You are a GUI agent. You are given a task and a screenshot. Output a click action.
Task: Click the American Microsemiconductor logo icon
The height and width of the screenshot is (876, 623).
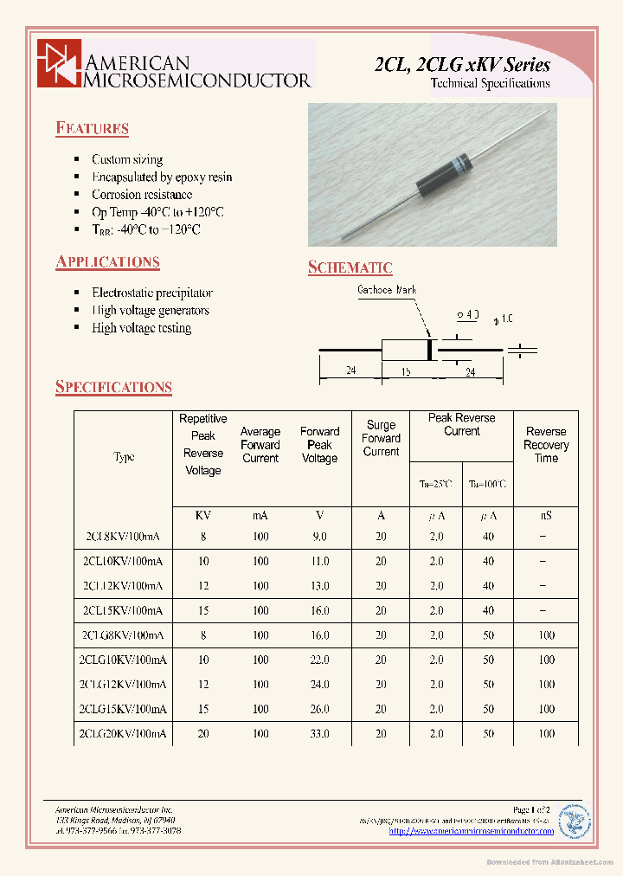tap(58, 63)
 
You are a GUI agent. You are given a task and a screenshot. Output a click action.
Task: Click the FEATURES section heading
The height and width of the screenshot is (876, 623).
tap(92, 129)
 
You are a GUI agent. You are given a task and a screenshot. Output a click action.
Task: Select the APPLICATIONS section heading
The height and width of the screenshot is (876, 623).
tap(107, 262)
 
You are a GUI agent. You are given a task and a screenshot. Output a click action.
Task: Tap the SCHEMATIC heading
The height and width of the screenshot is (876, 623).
tap(350, 268)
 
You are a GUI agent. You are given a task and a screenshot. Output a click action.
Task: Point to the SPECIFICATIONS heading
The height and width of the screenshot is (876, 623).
tap(113, 387)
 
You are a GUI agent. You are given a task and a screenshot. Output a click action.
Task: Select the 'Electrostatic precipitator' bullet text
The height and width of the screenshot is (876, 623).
tap(151, 293)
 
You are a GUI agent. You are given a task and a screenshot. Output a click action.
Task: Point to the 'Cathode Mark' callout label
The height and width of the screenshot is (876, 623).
tap(387, 291)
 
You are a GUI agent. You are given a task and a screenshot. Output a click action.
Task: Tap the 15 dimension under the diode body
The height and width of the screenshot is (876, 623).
tap(406, 371)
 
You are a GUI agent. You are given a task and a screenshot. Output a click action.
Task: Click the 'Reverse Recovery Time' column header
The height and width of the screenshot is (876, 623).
tap(546, 445)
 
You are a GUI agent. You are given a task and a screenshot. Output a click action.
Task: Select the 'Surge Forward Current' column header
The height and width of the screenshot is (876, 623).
tap(381, 439)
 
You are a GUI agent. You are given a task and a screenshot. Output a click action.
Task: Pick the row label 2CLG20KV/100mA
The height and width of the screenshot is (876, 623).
tap(122, 734)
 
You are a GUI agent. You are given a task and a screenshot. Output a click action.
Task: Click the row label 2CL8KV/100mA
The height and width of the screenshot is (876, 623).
tap(124, 537)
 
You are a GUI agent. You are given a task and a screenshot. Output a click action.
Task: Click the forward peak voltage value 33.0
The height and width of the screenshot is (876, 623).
tap(319, 734)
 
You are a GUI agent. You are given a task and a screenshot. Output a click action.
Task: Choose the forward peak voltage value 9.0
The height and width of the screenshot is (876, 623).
tap(319, 537)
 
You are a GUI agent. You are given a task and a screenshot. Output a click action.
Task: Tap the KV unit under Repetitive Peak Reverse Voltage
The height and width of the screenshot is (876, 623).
tap(203, 515)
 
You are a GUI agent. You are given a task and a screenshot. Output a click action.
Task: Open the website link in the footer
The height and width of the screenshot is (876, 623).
tap(471, 831)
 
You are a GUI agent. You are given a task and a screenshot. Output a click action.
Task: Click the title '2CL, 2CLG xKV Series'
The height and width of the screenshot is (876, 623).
tap(462, 65)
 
